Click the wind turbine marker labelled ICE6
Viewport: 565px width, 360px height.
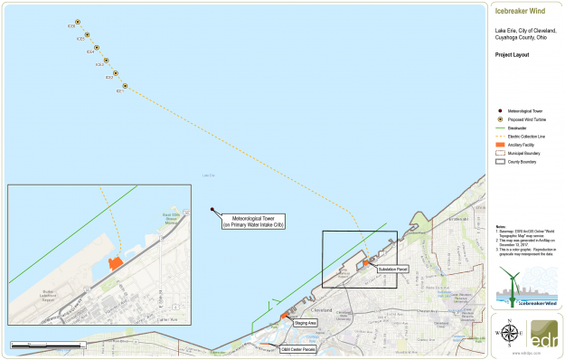(78, 22)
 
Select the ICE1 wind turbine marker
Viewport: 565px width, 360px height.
(124, 87)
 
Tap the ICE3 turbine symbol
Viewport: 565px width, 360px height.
(106, 62)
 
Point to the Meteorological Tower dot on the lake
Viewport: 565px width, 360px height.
(212, 210)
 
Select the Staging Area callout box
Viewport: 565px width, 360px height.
(306, 323)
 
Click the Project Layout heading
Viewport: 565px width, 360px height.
(511, 54)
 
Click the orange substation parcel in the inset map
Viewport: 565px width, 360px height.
(115, 262)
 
